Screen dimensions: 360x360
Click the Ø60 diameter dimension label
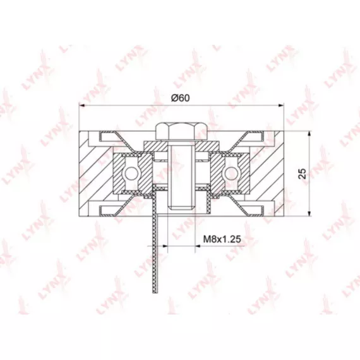(181, 98)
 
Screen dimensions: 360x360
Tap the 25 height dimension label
(302, 174)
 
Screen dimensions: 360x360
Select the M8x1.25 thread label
(222, 239)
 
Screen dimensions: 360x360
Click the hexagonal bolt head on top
(182, 131)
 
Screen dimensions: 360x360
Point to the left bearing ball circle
(131, 173)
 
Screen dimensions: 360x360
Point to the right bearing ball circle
(232, 173)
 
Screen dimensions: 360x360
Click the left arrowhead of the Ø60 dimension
(82, 105)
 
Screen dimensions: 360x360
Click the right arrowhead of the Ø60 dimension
(281, 105)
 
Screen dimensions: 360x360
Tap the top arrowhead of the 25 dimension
(309, 134)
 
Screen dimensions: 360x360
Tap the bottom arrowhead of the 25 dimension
(309, 213)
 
